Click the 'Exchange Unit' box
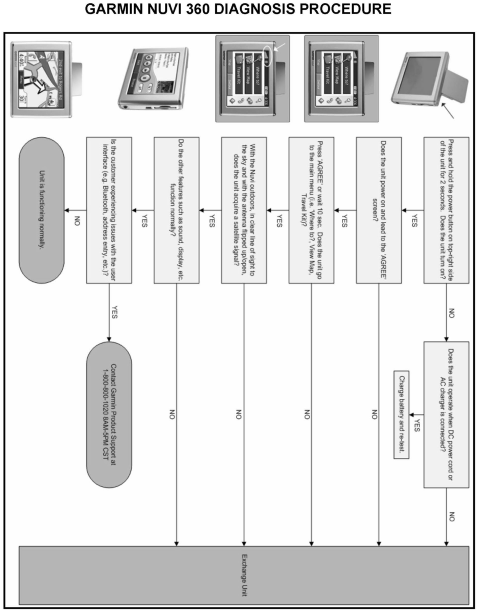(x=244, y=575)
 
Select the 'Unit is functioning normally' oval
(x=41, y=210)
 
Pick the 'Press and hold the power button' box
(x=446, y=210)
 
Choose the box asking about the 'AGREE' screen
(x=379, y=210)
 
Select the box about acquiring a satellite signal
(x=244, y=210)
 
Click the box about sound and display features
(x=177, y=210)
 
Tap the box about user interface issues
(x=109, y=210)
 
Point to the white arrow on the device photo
(x=280, y=47)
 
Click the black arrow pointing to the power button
(x=447, y=111)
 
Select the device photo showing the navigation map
(x=41, y=80)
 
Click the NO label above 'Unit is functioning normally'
(x=77, y=221)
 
